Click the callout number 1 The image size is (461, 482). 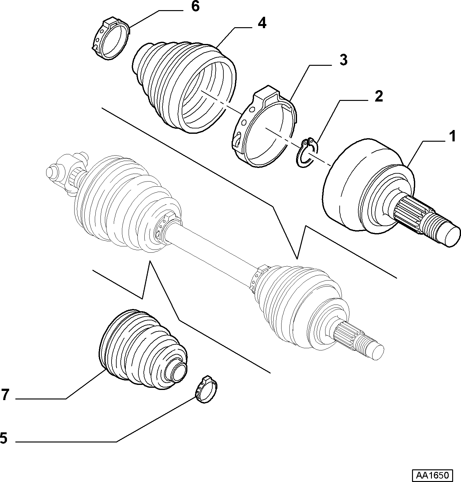452,137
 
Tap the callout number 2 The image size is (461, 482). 378,96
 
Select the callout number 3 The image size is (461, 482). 343,60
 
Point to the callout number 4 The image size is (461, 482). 262,23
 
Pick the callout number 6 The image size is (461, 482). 195,6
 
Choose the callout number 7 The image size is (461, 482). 5,395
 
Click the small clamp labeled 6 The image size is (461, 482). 111,40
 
